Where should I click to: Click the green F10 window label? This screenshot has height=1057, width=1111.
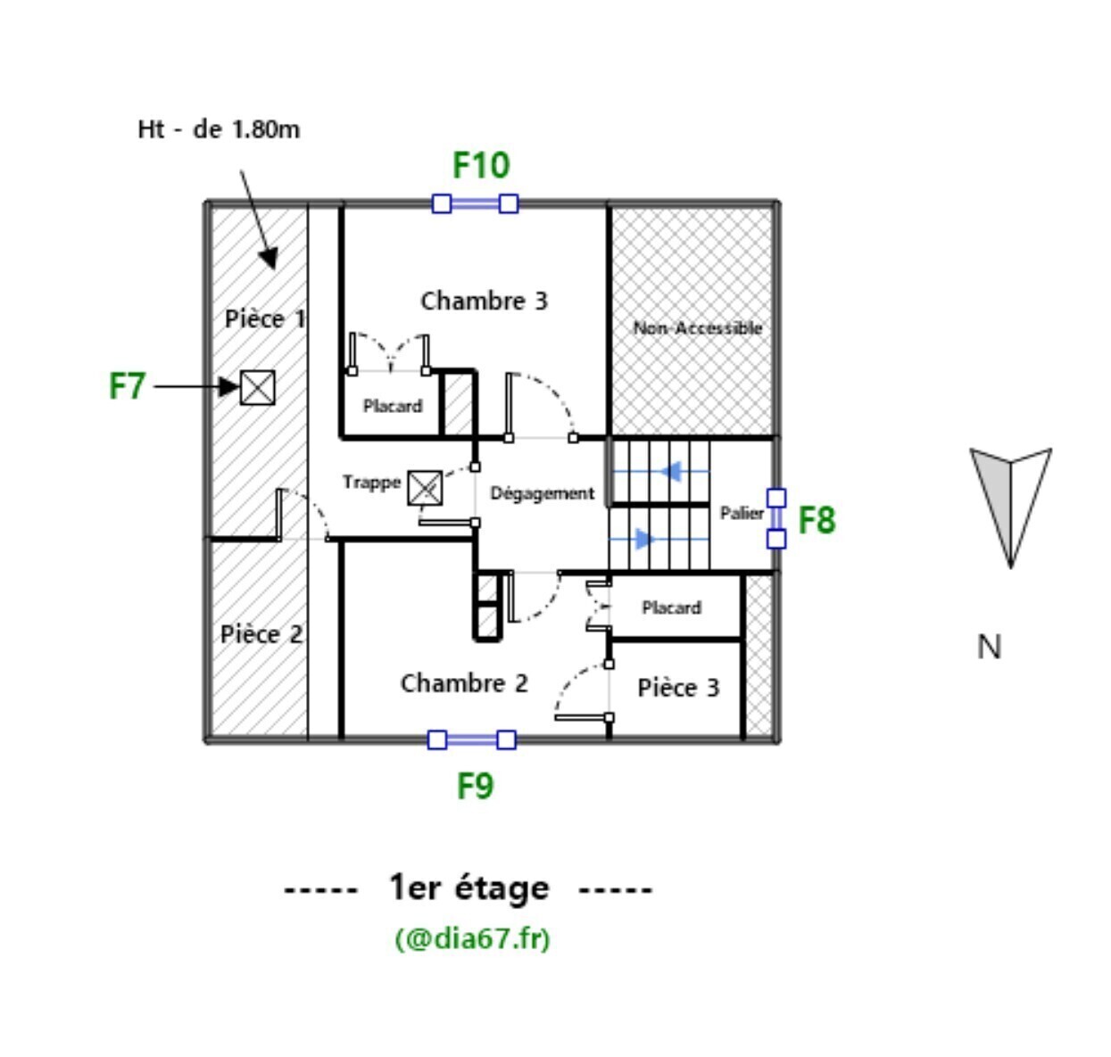tap(481, 166)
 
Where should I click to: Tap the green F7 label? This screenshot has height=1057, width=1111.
tap(127, 387)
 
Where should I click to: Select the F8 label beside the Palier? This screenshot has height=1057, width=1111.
tap(817, 520)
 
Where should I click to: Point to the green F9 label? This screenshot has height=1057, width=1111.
tap(475, 786)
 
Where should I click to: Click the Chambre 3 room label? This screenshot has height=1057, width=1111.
tap(484, 301)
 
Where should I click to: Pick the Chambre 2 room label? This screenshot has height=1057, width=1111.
tap(464, 683)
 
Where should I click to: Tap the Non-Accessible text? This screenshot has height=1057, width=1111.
tap(697, 328)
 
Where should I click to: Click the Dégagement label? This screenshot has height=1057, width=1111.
tap(542, 493)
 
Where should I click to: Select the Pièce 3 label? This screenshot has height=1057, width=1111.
tap(678, 688)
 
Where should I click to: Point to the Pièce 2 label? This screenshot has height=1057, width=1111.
tap(261, 634)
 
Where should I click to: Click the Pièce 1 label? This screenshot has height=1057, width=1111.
tap(264, 318)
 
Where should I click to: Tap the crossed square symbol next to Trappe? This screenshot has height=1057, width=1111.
tap(425, 488)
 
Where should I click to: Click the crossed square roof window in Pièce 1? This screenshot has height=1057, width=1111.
tap(258, 388)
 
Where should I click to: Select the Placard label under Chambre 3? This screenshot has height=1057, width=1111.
tap(393, 406)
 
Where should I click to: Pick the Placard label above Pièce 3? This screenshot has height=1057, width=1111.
tap(671, 607)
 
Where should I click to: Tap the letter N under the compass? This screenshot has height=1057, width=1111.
tap(989, 647)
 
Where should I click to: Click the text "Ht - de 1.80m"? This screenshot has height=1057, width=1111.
tap(219, 129)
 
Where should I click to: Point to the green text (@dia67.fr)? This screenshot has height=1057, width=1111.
tap(472, 938)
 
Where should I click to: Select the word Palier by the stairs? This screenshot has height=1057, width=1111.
tap(742, 513)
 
